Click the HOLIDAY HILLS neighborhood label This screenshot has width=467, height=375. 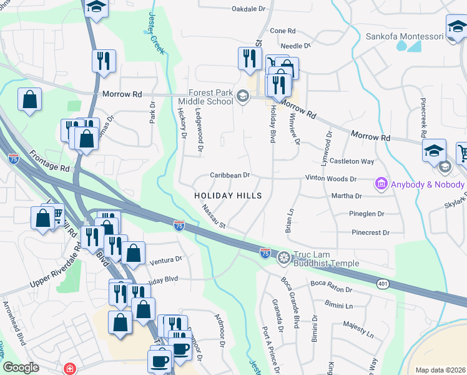[x=227, y=196]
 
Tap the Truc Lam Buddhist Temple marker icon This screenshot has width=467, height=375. [x=284, y=257]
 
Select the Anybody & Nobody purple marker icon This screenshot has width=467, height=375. [x=380, y=184]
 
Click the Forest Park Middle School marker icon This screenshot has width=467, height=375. [x=243, y=96]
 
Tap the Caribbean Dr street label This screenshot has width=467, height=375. [x=230, y=176]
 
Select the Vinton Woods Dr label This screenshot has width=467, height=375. [x=330, y=179]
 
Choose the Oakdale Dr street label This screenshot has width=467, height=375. [x=248, y=9]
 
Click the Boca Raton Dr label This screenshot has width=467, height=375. [x=331, y=289]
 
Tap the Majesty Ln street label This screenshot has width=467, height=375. [x=358, y=329]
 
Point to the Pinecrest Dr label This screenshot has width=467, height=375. [x=370, y=232]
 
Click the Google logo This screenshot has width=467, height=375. [x=21, y=367]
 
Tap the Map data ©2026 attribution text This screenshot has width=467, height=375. [x=440, y=370]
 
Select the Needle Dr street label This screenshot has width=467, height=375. [x=295, y=46]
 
